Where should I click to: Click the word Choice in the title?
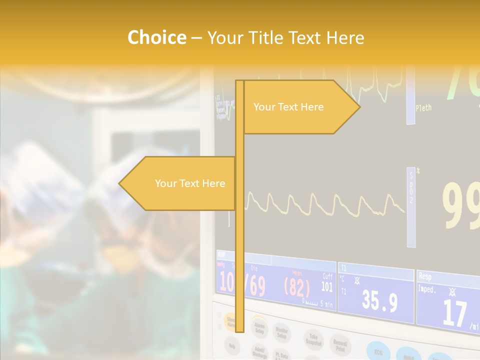click(x=156, y=37)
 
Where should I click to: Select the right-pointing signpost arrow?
click(x=300, y=107)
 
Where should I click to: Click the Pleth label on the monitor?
click(x=423, y=107)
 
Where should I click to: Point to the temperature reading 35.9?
click(x=379, y=302)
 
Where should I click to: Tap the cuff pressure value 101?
click(x=327, y=286)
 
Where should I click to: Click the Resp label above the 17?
click(x=425, y=276)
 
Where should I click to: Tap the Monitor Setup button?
click(x=282, y=332)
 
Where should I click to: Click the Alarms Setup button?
click(x=259, y=327)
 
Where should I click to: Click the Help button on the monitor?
click(x=231, y=344)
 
